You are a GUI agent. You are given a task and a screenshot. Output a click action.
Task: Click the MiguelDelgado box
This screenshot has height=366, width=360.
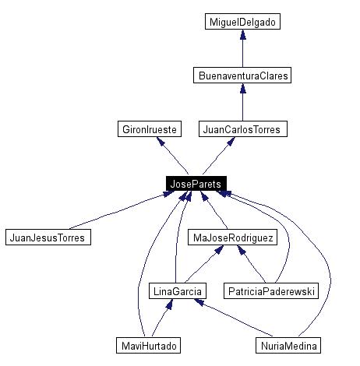click(242, 22)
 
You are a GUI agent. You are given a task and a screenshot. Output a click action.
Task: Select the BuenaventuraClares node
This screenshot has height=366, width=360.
click(242, 76)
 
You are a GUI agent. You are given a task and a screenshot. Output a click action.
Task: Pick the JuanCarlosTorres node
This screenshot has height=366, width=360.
click(243, 129)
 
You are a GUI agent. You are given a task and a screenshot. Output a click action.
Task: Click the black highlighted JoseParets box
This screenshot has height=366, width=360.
click(195, 183)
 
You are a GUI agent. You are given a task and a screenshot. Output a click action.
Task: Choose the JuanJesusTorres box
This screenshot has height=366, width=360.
click(48, 237)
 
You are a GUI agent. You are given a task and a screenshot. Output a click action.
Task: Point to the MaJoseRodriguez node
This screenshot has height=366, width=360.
click(232, 237)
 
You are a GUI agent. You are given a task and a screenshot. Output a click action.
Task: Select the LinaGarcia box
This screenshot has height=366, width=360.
click(176, 290)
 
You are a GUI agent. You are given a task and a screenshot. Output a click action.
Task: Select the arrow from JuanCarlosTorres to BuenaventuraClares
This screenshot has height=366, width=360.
click(242, 102)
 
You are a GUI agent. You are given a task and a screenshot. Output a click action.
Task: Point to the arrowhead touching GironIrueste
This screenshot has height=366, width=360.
click(161, 143)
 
